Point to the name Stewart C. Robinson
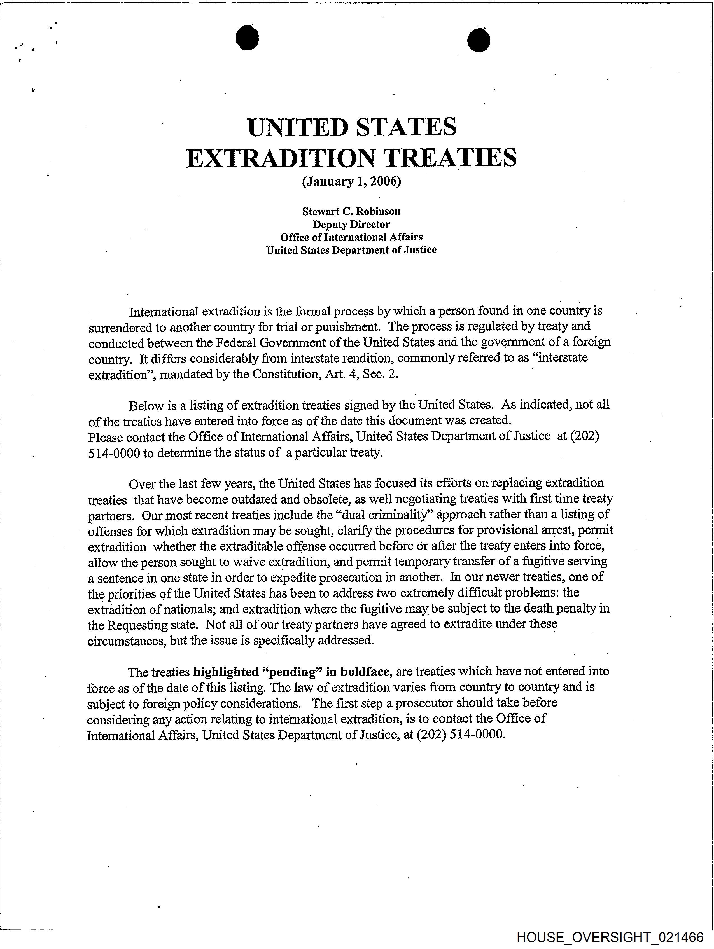click(x=351, y=211)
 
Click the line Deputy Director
click(x=351, y=224)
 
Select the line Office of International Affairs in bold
click(x=351, y=237)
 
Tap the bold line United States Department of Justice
click(x=351, y=250)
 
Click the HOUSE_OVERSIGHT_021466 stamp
click(x=610, y=937)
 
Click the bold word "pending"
click(x=292, y=671)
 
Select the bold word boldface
click(x=364, y=671)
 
